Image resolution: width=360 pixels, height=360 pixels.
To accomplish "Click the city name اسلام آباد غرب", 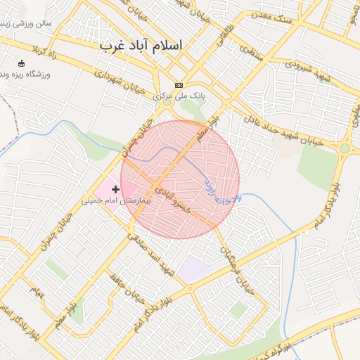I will click(141, 45).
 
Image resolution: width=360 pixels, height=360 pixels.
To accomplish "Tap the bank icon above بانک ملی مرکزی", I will click(179, 85).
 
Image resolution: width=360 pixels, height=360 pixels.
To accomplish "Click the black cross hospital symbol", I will click(115, 189).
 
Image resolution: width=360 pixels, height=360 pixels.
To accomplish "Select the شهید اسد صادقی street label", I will click(150, 252).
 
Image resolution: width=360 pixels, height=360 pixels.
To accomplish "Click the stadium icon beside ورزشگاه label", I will click(20, 64).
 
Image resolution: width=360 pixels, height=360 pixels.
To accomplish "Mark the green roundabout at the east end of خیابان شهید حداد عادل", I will click(345, 148).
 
